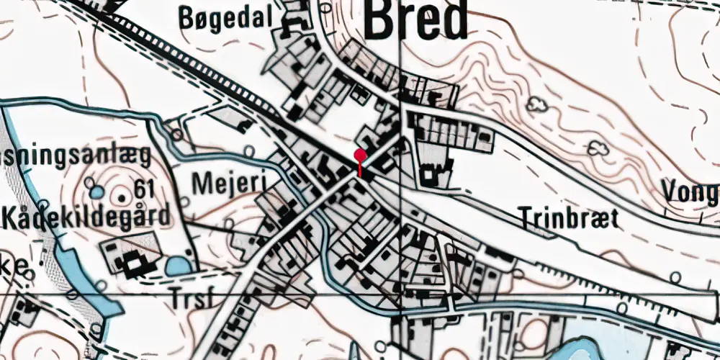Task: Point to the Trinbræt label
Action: click(567, 217)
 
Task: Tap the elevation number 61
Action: click(145, 190)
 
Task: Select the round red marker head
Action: click(359, 156)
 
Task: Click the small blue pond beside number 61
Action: click(96, 193)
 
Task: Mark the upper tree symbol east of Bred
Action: click(536, 105)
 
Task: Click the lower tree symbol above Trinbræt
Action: click(597, 149)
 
